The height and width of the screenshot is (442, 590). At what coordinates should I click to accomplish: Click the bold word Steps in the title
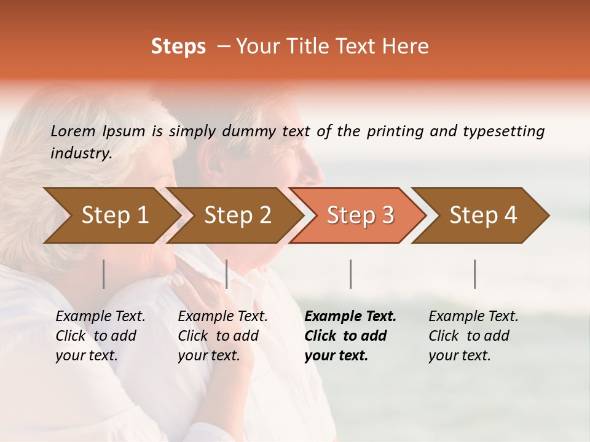point(178,47)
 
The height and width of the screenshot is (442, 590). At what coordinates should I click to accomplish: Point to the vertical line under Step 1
point(104,274)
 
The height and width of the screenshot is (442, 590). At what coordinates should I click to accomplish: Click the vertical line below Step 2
point(227,274)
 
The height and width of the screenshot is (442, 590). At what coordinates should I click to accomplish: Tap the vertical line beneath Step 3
point(350,274)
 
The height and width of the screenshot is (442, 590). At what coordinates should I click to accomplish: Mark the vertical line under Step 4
point(474,274)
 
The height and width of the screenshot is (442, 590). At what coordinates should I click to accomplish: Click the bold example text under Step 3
point(349,336)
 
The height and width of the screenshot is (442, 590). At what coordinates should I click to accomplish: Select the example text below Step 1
point(100,336)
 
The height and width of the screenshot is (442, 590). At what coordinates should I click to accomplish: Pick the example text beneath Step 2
point(222,336)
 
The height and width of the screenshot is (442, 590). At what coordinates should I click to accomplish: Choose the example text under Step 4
point(473,336)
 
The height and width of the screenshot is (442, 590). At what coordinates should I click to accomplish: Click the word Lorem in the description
point(73,131)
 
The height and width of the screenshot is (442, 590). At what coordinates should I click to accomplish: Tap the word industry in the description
point(81,153)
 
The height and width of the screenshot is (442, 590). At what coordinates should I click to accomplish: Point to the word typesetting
point(503,131)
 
